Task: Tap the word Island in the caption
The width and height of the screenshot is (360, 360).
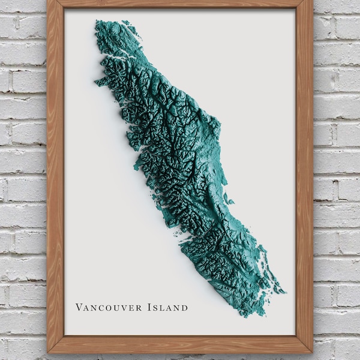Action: click(x=167, y=307)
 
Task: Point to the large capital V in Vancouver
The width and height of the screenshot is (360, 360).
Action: click(x=79, y=307)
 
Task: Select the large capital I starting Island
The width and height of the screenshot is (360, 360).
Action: click(x=149, y=307)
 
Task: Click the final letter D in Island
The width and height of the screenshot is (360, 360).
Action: click(x=184, y=308)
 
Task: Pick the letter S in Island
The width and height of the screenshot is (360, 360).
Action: click(x=156, y=308)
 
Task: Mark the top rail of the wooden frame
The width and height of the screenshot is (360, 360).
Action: click(x=180, y=4)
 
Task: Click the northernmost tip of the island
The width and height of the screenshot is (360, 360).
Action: click(x=97, y=22)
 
